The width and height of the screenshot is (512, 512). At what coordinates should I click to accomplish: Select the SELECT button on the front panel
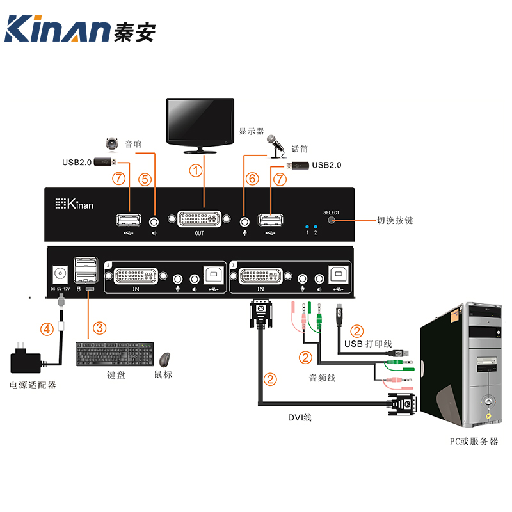tap(332, 220)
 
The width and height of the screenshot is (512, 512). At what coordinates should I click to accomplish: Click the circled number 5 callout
tap(145, 179)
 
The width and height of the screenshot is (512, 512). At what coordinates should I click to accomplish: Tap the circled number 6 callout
tap(252, 179)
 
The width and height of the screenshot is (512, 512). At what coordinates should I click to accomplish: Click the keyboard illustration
tap(116, 355)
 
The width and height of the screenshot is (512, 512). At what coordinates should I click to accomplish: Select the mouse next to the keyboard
tap(165, 360)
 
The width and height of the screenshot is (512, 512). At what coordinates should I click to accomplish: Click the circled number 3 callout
tap(99, 328)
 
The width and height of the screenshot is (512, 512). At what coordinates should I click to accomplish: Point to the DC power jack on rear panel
tap(61, 273)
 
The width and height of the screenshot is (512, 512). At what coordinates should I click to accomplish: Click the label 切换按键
tap(395, 221)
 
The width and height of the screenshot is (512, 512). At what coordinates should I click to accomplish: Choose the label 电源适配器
tap(33, 385)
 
